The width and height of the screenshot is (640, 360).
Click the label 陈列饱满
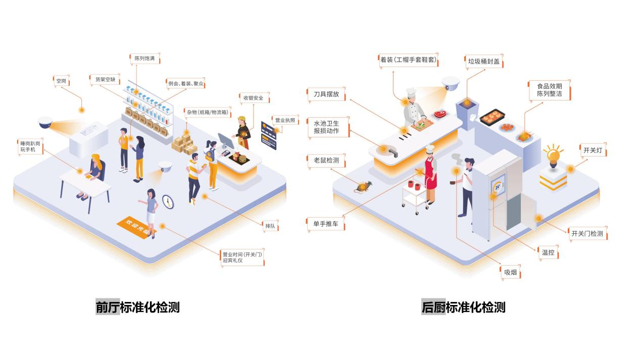coord(144,59)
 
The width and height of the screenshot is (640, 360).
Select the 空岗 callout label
coord(61,81)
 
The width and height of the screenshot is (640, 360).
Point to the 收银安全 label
coord(254,98)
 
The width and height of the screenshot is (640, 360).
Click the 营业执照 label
coord(285,121)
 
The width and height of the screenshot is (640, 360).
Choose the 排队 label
coord(270,226)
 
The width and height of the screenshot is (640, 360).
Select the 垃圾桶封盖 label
coord(483,62)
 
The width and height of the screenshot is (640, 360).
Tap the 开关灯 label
coord(592,150)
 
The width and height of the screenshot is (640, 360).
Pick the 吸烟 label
coord(510,273)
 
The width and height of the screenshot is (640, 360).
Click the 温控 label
coord(548,252)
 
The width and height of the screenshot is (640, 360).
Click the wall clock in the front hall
coord(168,202)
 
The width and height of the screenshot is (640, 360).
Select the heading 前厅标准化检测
coord(137,307)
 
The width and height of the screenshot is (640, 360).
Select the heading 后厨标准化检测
coord(463,307)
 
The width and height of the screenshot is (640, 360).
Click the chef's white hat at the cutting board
coord(411,93)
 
